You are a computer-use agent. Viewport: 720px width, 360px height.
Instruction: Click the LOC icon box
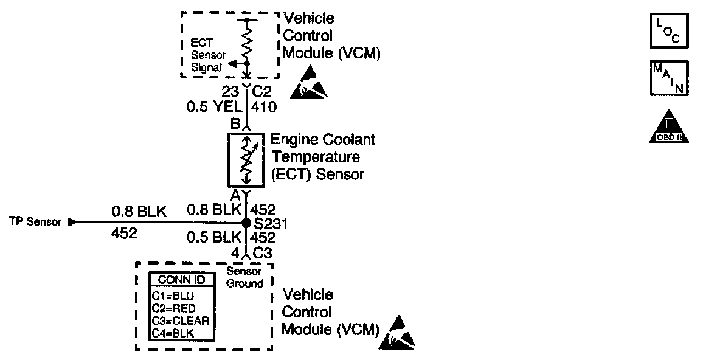coord(670,30)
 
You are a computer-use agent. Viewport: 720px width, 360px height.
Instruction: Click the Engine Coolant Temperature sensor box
coord(246,161)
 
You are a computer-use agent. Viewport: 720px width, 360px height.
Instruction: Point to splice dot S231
coord(246,223)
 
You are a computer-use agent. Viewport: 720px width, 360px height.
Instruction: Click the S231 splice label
coord(271,224)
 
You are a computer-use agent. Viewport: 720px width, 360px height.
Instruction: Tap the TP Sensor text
coord(35,222)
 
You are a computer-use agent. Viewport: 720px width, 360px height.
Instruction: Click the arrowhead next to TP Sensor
coord(72,222)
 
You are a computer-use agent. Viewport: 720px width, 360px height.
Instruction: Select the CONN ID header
coord(182,280)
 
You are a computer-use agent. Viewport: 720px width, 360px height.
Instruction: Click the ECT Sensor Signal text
coord(208,55)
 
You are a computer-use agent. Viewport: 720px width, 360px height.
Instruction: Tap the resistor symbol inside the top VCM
coord(247,43)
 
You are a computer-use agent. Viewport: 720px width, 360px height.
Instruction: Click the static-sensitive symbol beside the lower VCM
coord(396,333)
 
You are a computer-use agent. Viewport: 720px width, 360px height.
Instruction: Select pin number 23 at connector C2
coord(229,92)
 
